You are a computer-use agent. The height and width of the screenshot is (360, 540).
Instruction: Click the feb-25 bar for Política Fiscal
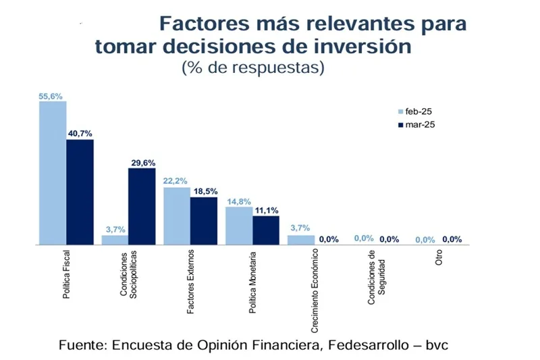[x=53, y=173]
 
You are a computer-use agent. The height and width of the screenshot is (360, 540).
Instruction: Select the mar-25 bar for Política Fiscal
[x=80, y=192]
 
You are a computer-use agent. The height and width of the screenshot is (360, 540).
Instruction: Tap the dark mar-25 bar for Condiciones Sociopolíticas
[x=142, y=206]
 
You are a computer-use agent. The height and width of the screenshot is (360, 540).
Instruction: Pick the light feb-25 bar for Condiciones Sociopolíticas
[x=115, y=240]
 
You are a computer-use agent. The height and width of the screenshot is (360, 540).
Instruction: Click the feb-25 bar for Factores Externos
[x=177, y=215]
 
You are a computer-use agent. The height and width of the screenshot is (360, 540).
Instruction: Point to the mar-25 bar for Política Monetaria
[x=266, y=230]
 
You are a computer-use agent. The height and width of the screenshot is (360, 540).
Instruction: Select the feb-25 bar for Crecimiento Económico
[x=301, y=240]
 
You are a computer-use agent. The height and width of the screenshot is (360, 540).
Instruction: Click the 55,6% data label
[x=51, y=97]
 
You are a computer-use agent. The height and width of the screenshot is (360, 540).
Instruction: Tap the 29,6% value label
[x=142, y=163]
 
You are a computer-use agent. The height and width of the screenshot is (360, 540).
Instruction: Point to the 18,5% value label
[x=205, y=192]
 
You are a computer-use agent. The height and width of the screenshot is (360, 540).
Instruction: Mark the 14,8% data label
[x=238, y=201]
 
